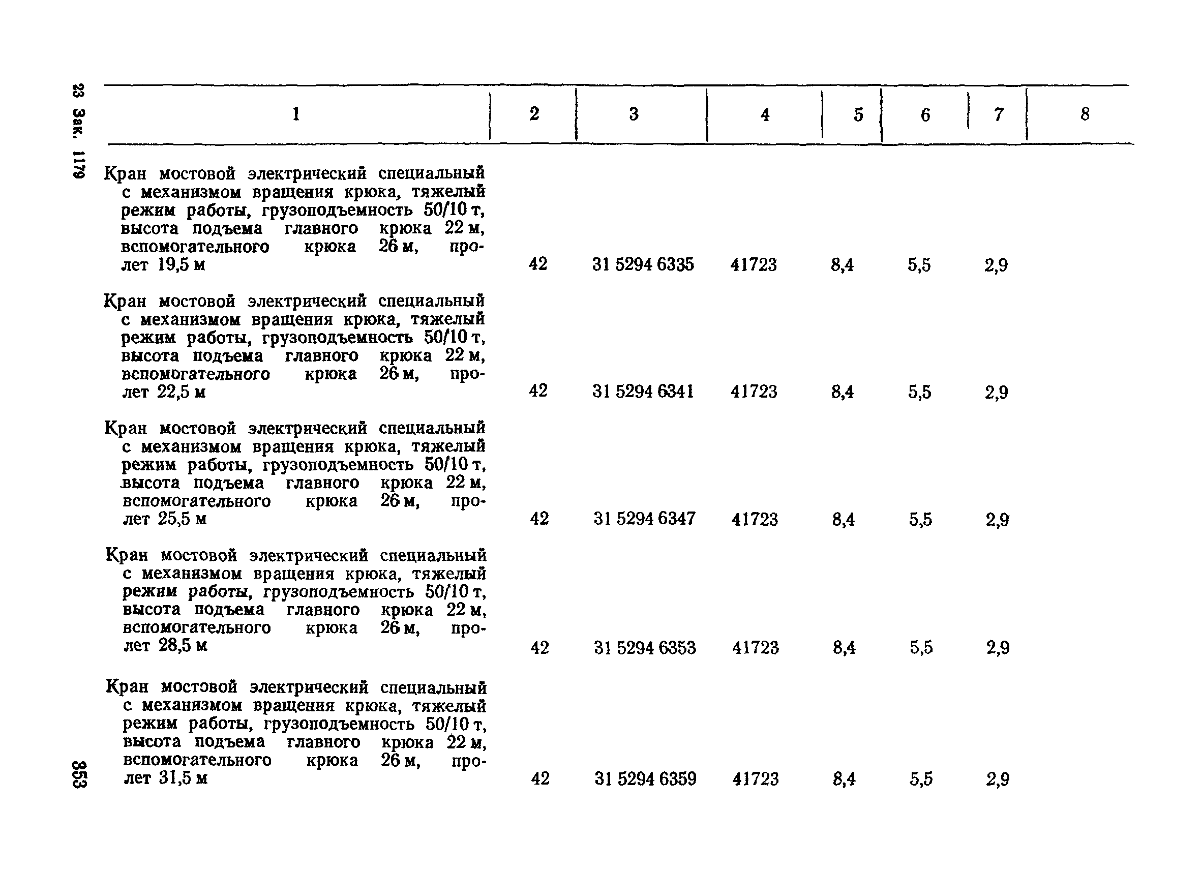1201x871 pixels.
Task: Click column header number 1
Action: coord(296,113)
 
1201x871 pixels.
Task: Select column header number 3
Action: coord(634,114)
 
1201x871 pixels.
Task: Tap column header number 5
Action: coord(858,114)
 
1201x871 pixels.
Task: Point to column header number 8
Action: coord(1085,114)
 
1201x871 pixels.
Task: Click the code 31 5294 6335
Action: coord(643,264)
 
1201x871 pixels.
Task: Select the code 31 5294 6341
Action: coord(643,392)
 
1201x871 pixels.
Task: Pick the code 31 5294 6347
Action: coord(644,518)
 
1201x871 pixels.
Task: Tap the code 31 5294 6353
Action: coord(645,648)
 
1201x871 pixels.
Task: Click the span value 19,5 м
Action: coord(181,264)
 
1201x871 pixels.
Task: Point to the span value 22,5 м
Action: coord(181,392)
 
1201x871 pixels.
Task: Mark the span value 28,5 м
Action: coord(183,645)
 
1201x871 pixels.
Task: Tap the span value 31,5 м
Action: coord(183,778)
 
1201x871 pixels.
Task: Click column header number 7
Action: coord(999,114)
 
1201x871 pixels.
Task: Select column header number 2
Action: coord(534,113)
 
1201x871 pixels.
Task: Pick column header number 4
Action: coord(765,114)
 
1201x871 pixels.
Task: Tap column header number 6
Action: coord(925,115)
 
